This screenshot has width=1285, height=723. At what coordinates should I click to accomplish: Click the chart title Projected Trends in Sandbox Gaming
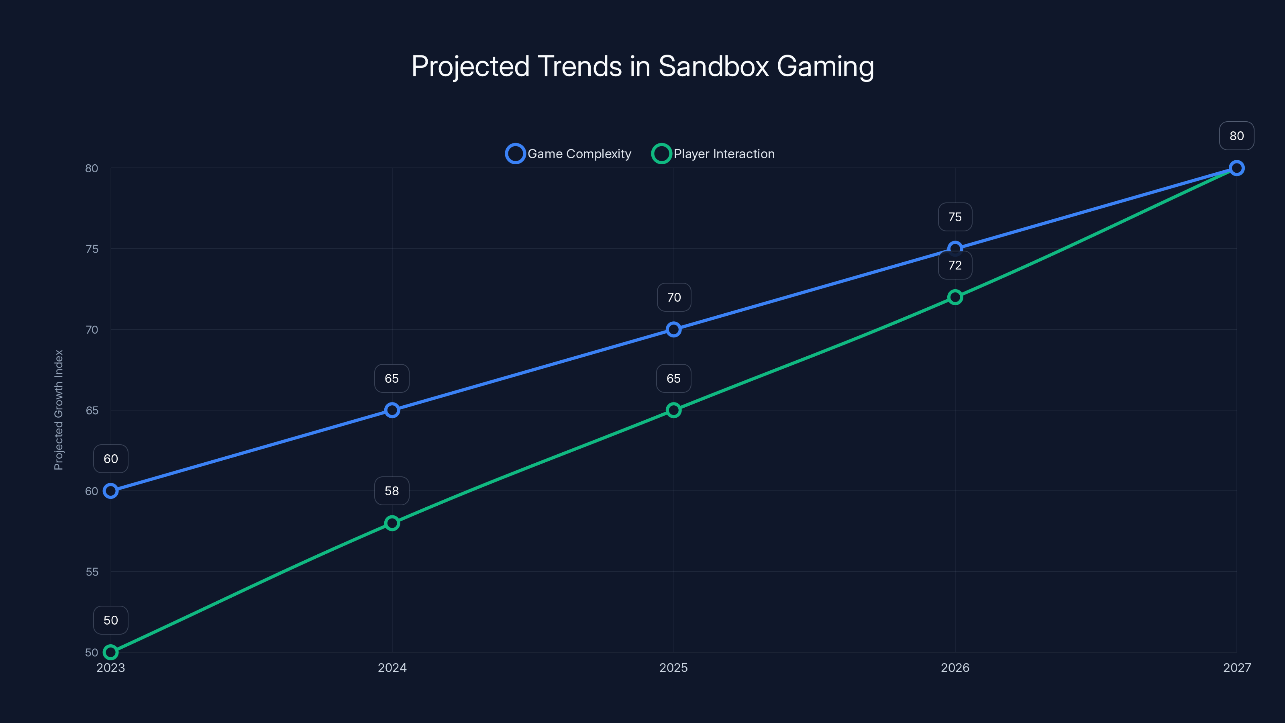point(642,66)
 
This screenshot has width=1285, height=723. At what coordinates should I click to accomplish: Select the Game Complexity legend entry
point(569,154)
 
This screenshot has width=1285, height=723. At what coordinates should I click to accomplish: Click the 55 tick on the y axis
point(92,572)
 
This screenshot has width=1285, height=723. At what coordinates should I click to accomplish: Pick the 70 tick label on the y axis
point(92,330)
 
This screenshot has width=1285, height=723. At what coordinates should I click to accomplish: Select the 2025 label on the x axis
point(673,668)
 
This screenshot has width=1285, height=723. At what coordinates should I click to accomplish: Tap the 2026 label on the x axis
point(955,668)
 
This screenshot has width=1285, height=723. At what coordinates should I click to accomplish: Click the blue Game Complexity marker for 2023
point(111,491)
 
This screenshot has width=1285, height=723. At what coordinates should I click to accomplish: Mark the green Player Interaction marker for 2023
point(111,652)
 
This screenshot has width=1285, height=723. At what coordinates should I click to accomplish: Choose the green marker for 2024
point(392,523)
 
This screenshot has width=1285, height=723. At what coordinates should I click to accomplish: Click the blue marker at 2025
point(673,329)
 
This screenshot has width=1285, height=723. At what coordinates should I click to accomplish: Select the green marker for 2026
point(955,297)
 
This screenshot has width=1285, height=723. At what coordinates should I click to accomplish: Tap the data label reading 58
point(392,491)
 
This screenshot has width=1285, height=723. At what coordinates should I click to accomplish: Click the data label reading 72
point(955,266)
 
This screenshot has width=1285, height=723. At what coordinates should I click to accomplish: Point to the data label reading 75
point(955,217)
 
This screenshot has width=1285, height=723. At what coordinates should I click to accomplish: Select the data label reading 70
point(674,297)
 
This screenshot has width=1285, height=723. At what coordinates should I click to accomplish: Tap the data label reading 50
point(111,620)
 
